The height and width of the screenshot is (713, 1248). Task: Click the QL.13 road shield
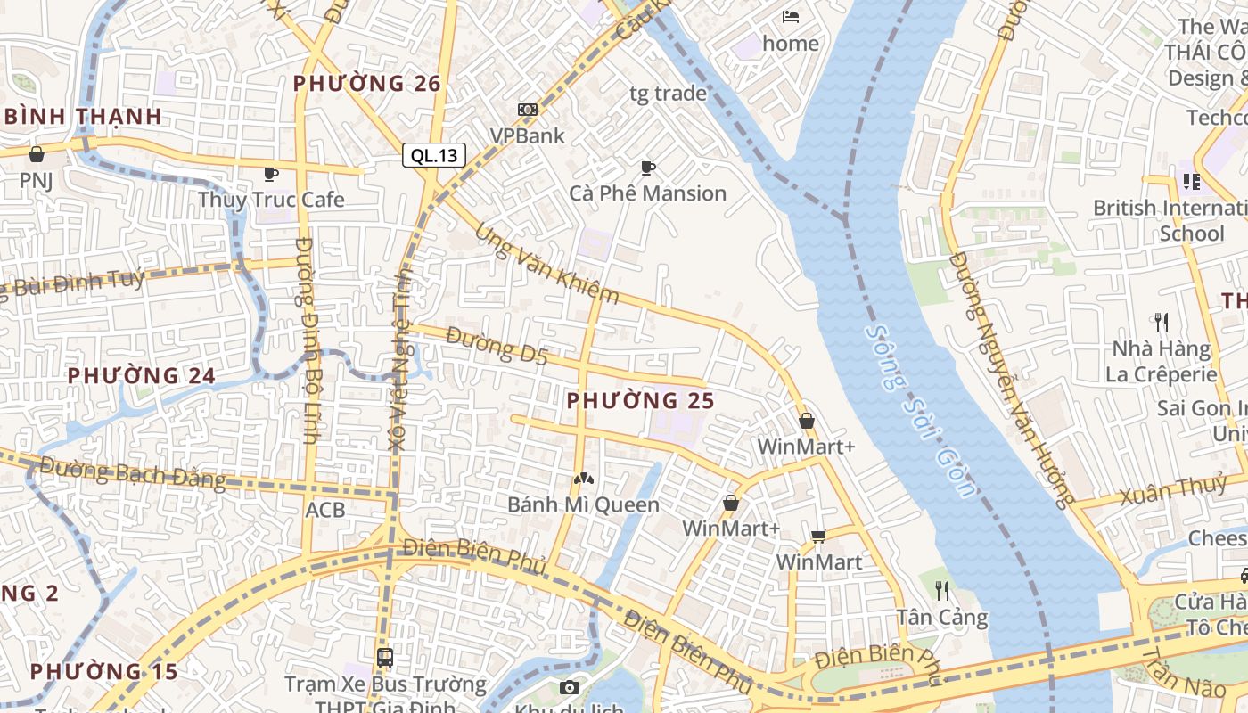point(433,155)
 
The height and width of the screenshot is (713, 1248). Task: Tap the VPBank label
point(528,135)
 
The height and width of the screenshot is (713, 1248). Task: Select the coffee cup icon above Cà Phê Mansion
point(648,168)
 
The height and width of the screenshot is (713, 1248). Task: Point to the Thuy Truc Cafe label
point(271,199)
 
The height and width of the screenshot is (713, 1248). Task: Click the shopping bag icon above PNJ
point(37,154)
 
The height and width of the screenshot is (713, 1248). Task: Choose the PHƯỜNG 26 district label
point(367,84)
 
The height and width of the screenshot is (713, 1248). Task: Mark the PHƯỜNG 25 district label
point(641,401)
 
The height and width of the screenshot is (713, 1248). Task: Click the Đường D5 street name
point(497,346)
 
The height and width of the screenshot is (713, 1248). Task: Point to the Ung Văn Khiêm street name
point(546,264)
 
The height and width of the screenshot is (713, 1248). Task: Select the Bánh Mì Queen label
point(583,504)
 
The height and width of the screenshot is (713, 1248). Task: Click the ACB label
point(324,510)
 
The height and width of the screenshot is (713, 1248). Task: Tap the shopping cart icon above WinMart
point(819,536)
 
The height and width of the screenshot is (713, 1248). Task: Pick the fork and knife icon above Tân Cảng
point(942,590)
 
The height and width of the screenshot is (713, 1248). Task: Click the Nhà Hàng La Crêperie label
point(1162,361)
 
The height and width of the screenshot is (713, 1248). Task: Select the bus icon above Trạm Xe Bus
point(385,658)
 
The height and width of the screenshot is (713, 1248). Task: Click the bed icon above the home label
point(791,16)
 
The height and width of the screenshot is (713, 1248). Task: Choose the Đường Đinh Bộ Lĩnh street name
point(308,340)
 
